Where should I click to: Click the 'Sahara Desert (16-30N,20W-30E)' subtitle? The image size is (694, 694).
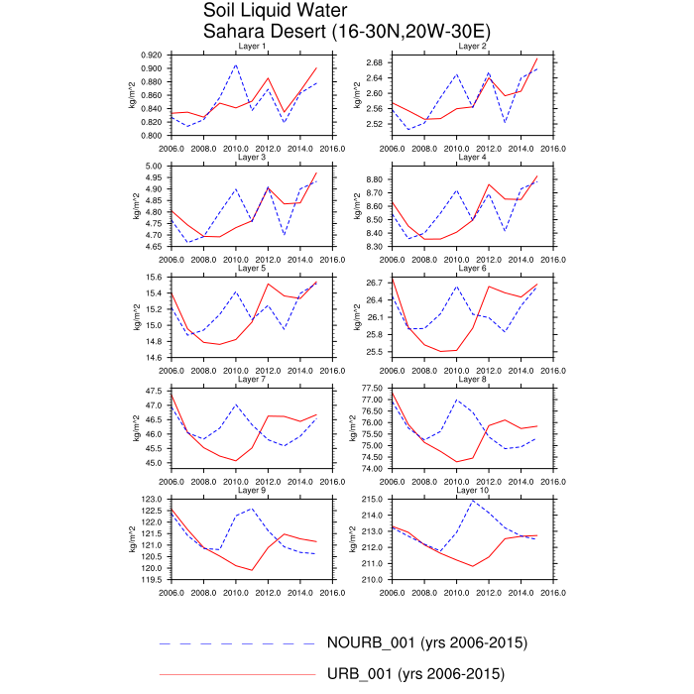point(346,31)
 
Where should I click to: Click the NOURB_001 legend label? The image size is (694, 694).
point(426,642)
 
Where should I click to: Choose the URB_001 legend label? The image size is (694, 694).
point(415,675)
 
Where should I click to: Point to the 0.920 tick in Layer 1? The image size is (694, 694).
point(152,55)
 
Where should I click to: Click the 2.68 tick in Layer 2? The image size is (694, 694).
point(374,62)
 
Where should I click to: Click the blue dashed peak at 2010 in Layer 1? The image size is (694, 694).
point(236,65)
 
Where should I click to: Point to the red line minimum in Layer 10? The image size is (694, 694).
point(473,566)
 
